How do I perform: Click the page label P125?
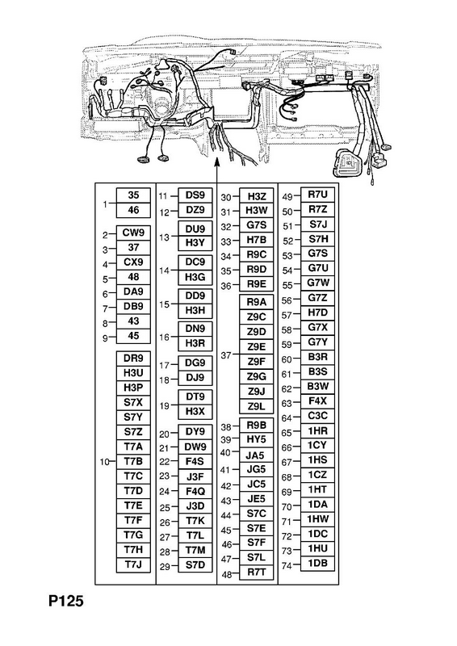66,601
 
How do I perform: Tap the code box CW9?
133,233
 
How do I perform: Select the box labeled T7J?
133,564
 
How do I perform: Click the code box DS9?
195,195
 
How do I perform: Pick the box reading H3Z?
256,196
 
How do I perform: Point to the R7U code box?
317,195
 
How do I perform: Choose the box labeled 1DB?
317,563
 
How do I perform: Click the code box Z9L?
256,406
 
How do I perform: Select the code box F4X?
317,401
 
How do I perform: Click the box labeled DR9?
133,358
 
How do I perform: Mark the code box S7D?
195,564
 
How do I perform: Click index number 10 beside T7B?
105,462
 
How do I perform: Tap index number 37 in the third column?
226,354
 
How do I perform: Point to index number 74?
287,566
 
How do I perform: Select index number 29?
165,567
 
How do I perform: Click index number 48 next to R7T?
227,574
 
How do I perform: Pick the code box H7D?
317,313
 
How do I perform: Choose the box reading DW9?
195,447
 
